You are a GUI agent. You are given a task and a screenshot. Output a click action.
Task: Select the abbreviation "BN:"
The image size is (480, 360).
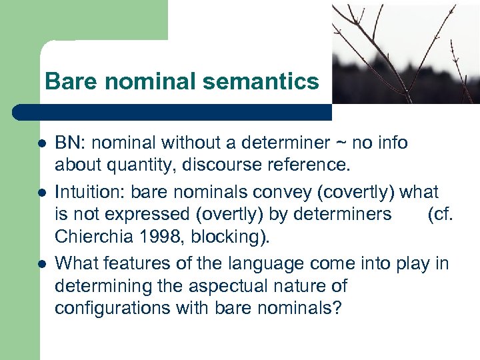pos(69,143)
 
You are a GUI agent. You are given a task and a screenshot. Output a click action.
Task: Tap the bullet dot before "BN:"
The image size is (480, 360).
pos(41,143)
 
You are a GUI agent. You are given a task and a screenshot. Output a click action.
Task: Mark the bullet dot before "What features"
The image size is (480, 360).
pos(41,265)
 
